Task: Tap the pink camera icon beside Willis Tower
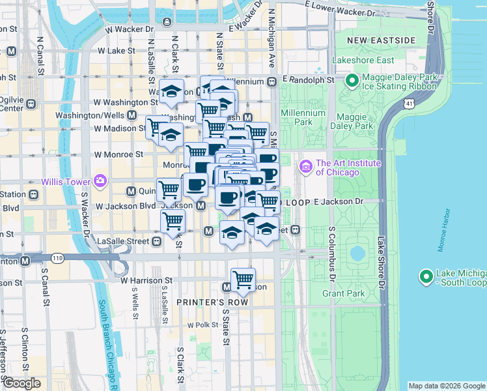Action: (x=100, y=181)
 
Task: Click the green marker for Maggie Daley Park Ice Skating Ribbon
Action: (x=352, y=81)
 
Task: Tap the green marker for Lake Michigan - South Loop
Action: (x=426, y=277)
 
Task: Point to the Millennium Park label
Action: (x=303, y=117)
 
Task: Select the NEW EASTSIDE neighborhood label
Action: (x=381, y=40)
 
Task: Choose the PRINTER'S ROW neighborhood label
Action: (x=205, y=302)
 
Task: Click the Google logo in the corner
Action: (x=21, y=383)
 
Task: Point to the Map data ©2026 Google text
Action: (x=446, y=386)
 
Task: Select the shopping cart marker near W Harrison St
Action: (x=243, y=280)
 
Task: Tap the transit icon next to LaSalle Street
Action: (x=157, y=241)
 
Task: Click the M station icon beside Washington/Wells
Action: (x=132, y=115)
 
